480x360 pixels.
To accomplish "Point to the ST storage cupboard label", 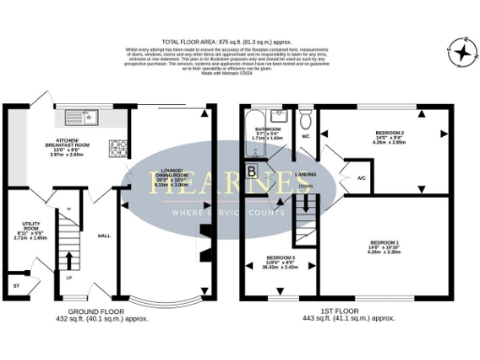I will coord(15,283).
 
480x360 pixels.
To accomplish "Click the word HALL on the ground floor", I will coord(105,235).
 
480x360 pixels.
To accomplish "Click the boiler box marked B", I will coord(252,170).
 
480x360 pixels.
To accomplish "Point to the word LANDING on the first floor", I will coord(307,174).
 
